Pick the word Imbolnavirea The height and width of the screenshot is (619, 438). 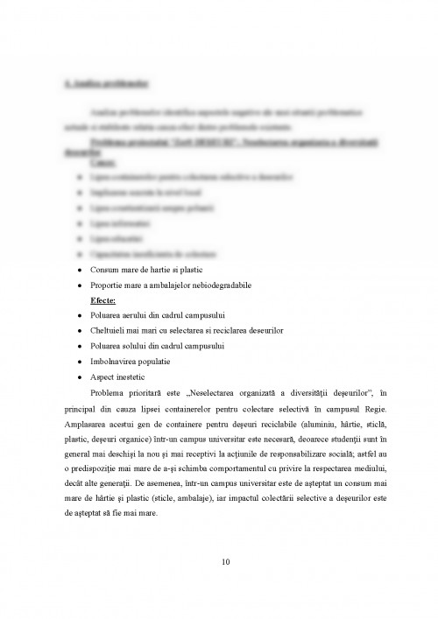tap(113, 361)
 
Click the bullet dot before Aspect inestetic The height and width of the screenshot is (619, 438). tap(80, 376)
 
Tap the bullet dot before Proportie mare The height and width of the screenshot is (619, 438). tap(80, 285)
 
